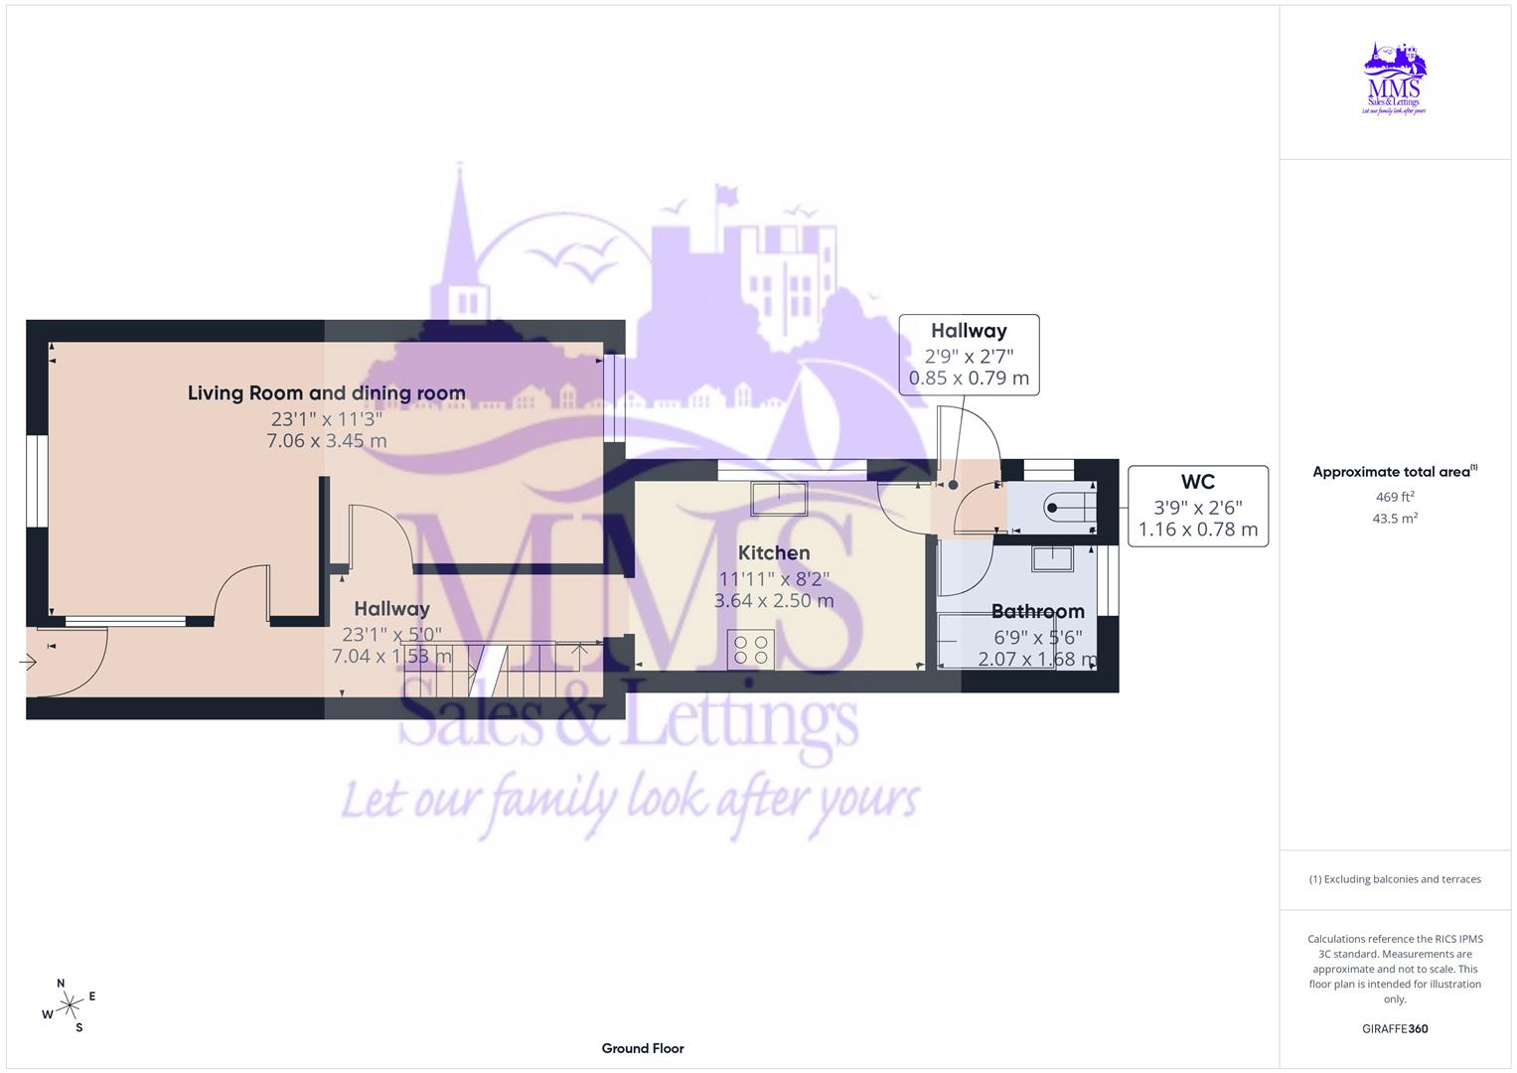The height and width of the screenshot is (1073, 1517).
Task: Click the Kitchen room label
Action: (774, 552)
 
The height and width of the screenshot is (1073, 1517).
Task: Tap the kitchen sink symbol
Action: (778, 498)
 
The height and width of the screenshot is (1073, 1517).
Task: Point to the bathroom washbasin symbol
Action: (1052, 558)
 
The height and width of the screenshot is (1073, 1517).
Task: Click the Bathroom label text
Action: (1037, 611)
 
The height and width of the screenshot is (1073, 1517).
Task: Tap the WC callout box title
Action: (1198, 482)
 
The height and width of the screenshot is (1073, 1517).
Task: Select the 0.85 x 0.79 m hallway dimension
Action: (969, 378)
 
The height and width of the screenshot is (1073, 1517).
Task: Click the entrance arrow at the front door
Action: (28, 661)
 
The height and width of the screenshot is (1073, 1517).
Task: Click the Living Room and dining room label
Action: (327, 392)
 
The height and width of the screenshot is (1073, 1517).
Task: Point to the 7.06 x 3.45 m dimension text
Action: (327, 440)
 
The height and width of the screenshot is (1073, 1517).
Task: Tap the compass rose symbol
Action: (70, 1005)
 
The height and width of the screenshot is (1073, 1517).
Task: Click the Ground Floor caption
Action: (643, 1048)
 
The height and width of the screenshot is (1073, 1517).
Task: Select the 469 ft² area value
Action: (1395, 497)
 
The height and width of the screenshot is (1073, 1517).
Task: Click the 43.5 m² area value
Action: (1395, 518)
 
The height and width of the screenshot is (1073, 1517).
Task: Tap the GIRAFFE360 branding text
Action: (1395, 1028)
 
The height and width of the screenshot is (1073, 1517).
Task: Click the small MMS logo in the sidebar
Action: (1394, 78)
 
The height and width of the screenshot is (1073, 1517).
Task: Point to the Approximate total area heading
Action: (1394, 472)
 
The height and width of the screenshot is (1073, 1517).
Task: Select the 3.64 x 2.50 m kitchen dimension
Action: (774, 600)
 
